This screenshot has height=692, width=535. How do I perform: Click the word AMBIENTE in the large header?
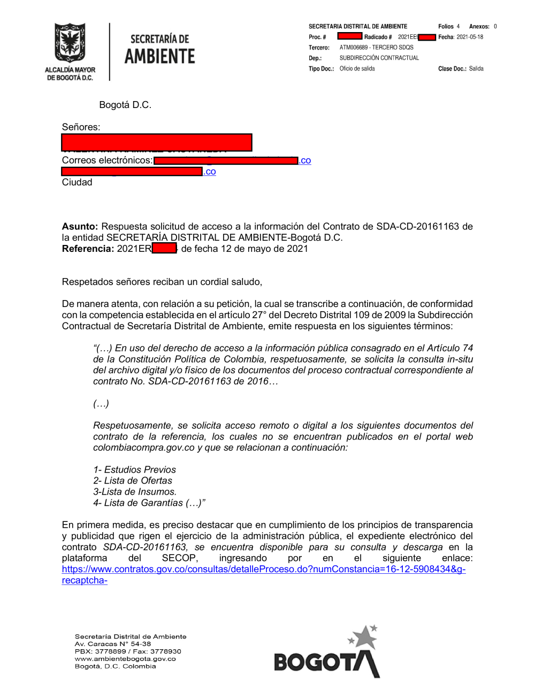[x=159, y=56]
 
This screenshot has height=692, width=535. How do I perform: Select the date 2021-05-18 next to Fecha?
[x=470, y=37]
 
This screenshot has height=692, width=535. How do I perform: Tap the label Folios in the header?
[x=446, y=26]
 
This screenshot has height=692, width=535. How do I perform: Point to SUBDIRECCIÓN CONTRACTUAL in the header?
[x=379, y=58]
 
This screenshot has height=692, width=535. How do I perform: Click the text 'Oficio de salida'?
[x=357, y=68]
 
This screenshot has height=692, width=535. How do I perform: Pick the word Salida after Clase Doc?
[x=476, y=68]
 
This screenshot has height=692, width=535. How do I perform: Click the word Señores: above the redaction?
[x=81, y=127]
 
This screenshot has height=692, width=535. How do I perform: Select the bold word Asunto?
[x=80, y=226]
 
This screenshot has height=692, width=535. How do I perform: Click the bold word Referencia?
[x=88, y=249]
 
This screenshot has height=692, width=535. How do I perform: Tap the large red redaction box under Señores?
[x=156, y=142]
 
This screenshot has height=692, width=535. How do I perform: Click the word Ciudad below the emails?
[x=77, y=182]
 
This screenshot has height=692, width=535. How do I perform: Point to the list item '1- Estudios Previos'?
[x=134, y=470]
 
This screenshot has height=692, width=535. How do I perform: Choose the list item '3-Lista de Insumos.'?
[x=135, y=491]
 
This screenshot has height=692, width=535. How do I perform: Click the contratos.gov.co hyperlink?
[x=263, y=570]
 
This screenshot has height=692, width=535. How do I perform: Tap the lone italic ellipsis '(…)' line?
[x=101, y=404]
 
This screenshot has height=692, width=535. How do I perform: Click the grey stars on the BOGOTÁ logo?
[x=364, y=636]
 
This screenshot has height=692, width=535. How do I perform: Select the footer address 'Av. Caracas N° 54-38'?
[x=112, y=644]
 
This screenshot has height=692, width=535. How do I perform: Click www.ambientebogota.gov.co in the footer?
[x=125, y=659]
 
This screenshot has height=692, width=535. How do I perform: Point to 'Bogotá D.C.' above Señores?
[x=125, y=105]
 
